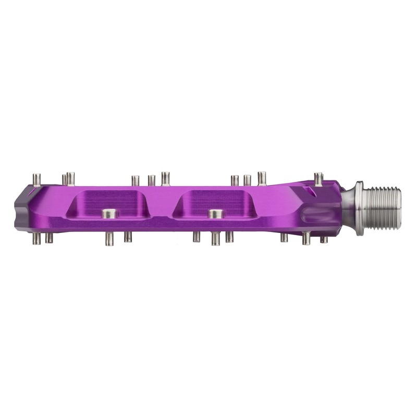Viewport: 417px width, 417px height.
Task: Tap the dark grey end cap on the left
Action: point(24,206)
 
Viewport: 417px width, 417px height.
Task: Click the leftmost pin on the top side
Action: point(36,179)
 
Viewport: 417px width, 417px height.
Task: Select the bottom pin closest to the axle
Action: point(324,239)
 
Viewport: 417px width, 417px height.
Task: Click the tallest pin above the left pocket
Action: point(165,178)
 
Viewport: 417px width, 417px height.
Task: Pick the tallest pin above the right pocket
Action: point(261,178)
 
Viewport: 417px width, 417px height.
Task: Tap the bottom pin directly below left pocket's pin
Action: point(109,239)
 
